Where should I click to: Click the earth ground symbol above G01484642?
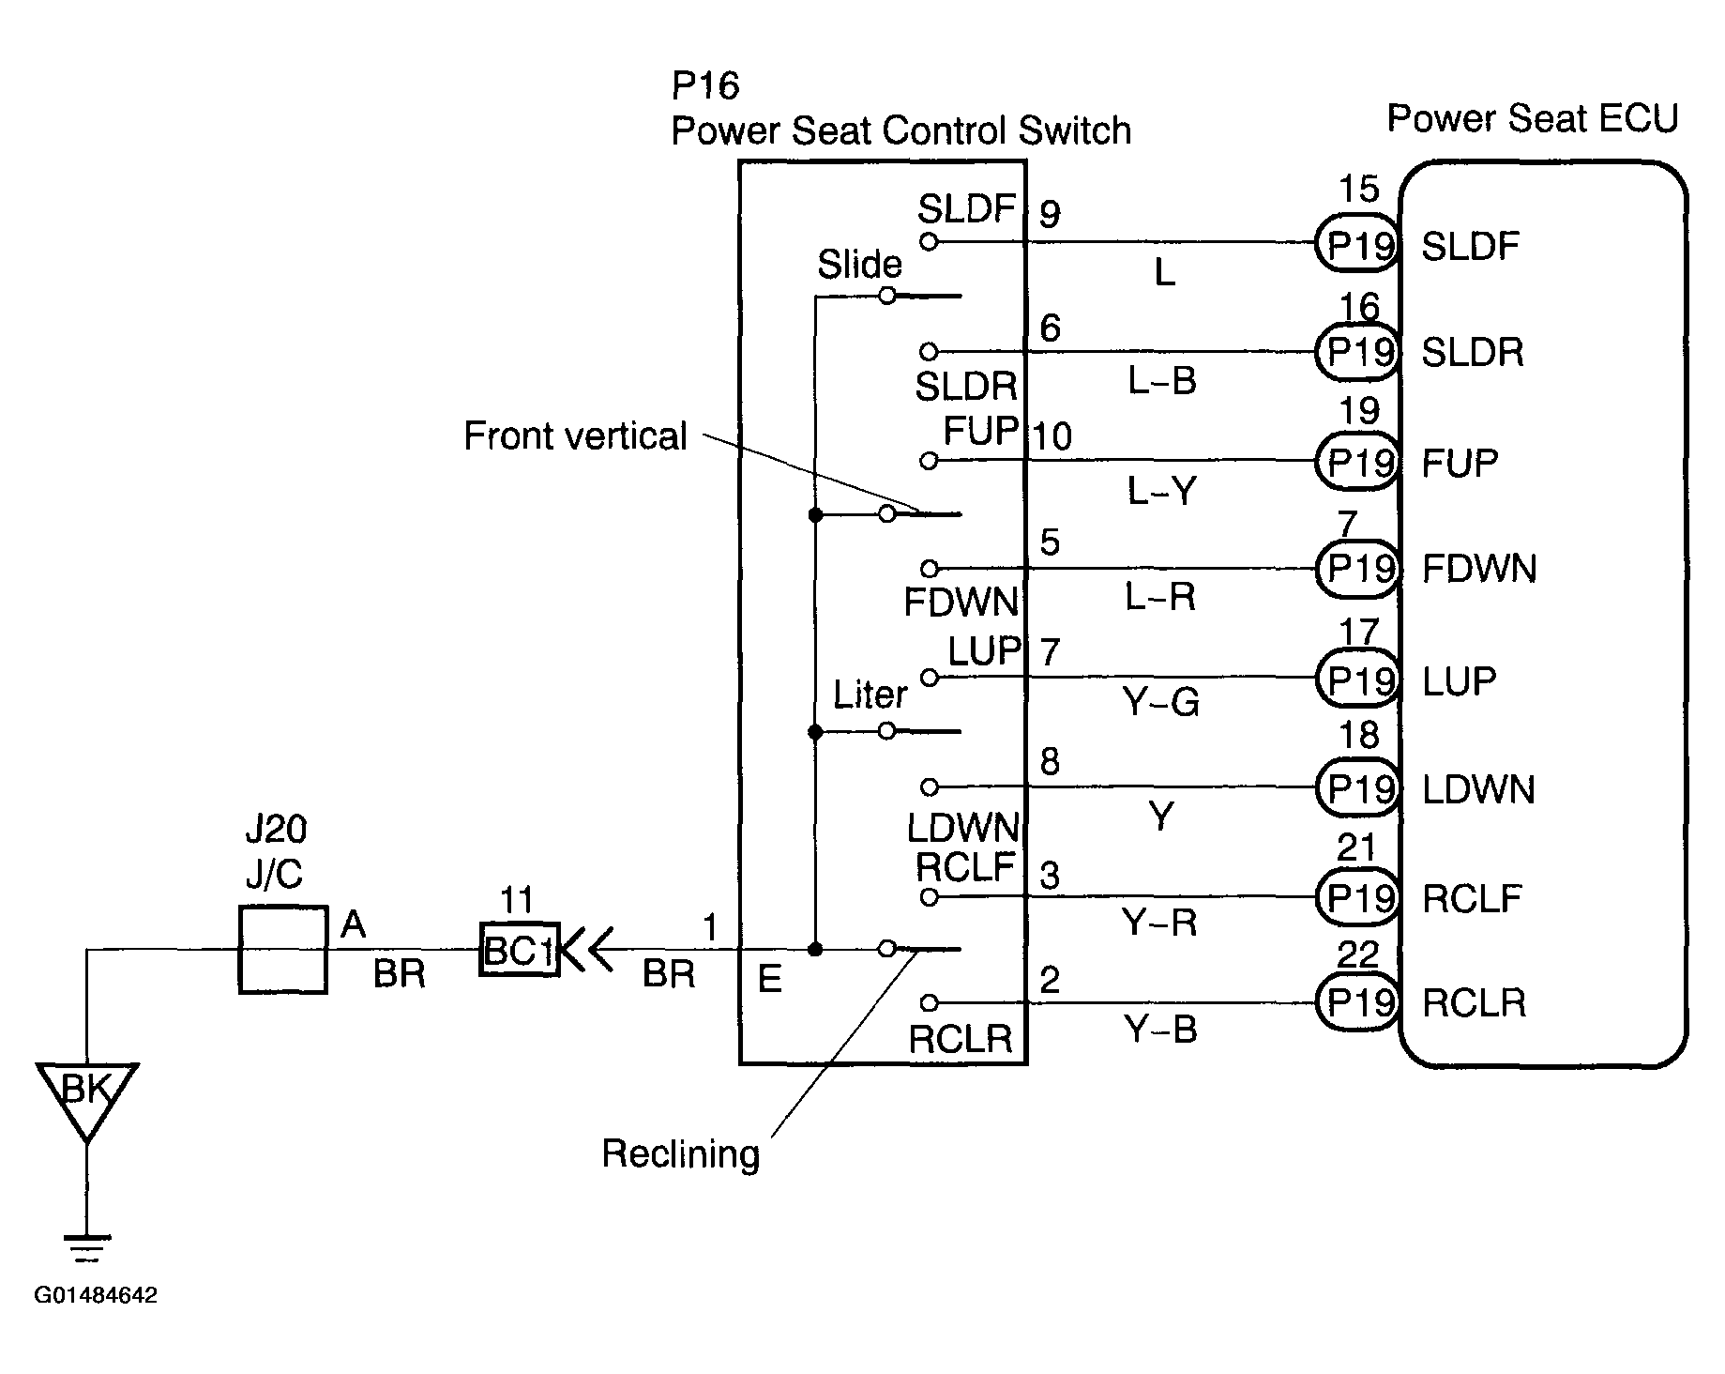tap(87, 1248)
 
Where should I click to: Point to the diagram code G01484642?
tap(96, 1295)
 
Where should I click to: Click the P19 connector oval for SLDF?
tap(1357, 245)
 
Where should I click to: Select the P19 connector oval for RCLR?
tap(1357, 1003)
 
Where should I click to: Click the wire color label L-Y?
tap(1161, 490)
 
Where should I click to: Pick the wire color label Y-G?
tap(1161, 702)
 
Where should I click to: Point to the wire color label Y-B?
tap(1161, 1030)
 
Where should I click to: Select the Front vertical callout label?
tap(575, 436)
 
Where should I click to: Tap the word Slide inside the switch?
tap(859, 265)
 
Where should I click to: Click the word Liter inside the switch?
tap(870, 695)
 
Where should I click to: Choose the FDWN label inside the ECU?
tap(1479, 570)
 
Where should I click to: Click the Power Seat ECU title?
tap(1533, 119)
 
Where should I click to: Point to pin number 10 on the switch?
tap(1052, 436)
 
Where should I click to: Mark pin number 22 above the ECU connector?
tap(1357, 954)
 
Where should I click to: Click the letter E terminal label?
tap(769, 980)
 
